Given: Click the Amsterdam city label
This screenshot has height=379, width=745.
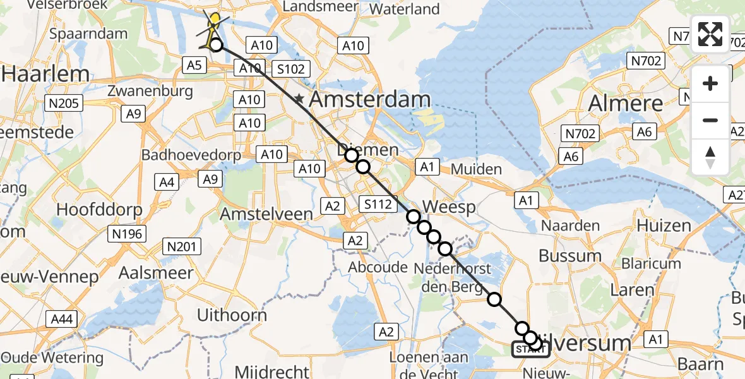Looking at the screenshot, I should pyautogui.click(x=370, y=99).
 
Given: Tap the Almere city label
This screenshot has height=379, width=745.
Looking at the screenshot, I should pyautogui.click(x=626, y=103).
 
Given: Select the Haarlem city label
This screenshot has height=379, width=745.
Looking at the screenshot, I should pyautogui.click(x=45, y=74).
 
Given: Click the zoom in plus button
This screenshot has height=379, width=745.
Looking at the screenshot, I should pyautogui.click(x=710, y=83).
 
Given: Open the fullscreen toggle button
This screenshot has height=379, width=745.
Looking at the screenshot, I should pyautogui.click(x=710, y=34).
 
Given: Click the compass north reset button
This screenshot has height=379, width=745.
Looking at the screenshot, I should pyautogui.click(x=710, y=157).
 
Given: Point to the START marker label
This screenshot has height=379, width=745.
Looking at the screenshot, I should pyautogui.click(x=530, y=349).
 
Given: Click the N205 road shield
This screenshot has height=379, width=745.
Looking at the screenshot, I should pyautogui.click(x=64, y=103).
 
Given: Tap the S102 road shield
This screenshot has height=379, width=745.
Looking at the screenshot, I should pyautogui.click(x=291, y=69).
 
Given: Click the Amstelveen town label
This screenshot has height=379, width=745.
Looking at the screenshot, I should pyautogui.click(x=266, y=214).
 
